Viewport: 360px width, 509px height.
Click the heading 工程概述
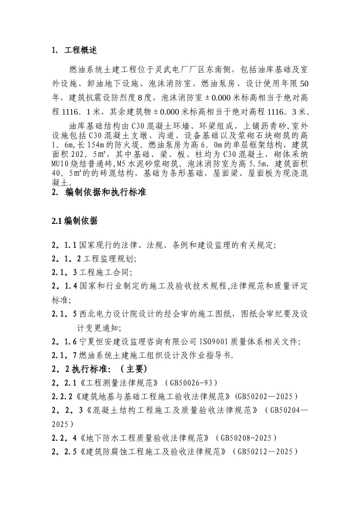[x=81, y=50]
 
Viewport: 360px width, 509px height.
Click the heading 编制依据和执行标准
[x=106, y=192]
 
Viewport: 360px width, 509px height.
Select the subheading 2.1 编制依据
[x=75, y=221]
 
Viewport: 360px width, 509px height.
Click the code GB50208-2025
[x=246, y=438]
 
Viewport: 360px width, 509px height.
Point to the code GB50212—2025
[x=265, y=451]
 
